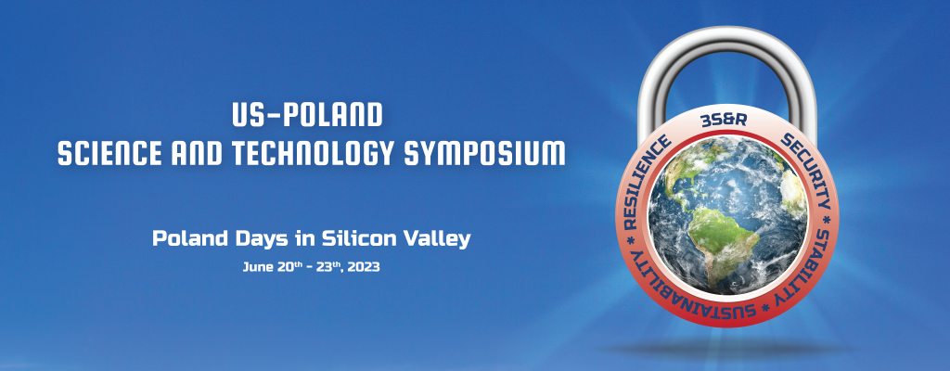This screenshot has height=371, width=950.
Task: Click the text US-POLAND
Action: click(307, 115)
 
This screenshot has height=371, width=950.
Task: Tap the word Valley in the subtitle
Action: click(438, 239)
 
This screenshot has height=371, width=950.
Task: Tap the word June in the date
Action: click(255, 267)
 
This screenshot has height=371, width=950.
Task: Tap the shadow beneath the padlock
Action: click(727, 349)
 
